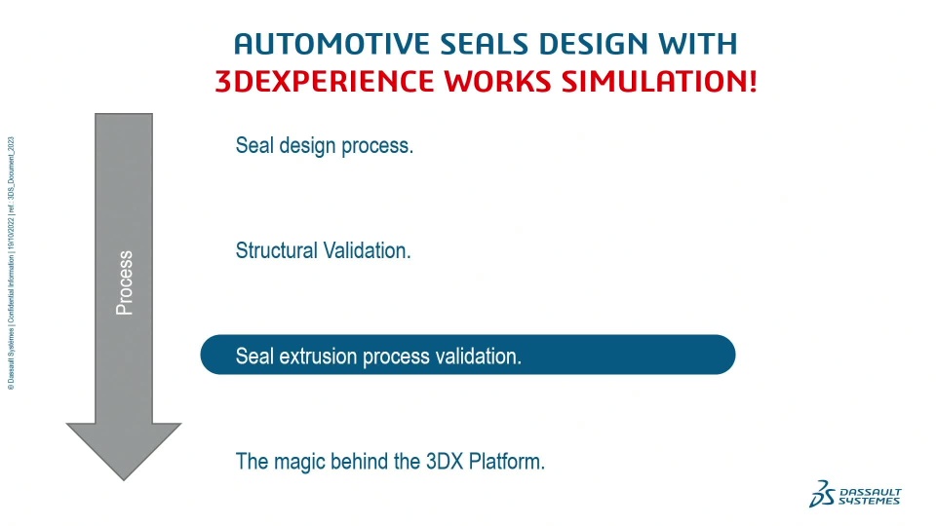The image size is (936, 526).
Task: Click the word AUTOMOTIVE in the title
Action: point(331,44)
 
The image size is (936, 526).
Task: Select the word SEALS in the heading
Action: point(485,44)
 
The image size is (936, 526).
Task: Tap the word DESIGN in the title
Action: point(594,44)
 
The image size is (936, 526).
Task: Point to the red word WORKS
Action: point(498,82)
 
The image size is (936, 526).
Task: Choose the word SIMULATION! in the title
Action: point(660,82)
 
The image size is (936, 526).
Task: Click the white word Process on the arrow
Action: point(124,282)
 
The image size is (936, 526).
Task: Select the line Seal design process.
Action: point(324,145)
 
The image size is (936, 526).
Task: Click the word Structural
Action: point(276,250)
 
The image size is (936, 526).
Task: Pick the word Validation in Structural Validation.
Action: point(367,250)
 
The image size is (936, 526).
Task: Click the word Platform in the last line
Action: point(506,462)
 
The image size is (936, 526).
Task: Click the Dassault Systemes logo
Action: point(855,494)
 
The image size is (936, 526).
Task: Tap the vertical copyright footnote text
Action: point(11,264)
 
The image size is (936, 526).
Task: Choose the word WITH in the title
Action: point(698,44)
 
